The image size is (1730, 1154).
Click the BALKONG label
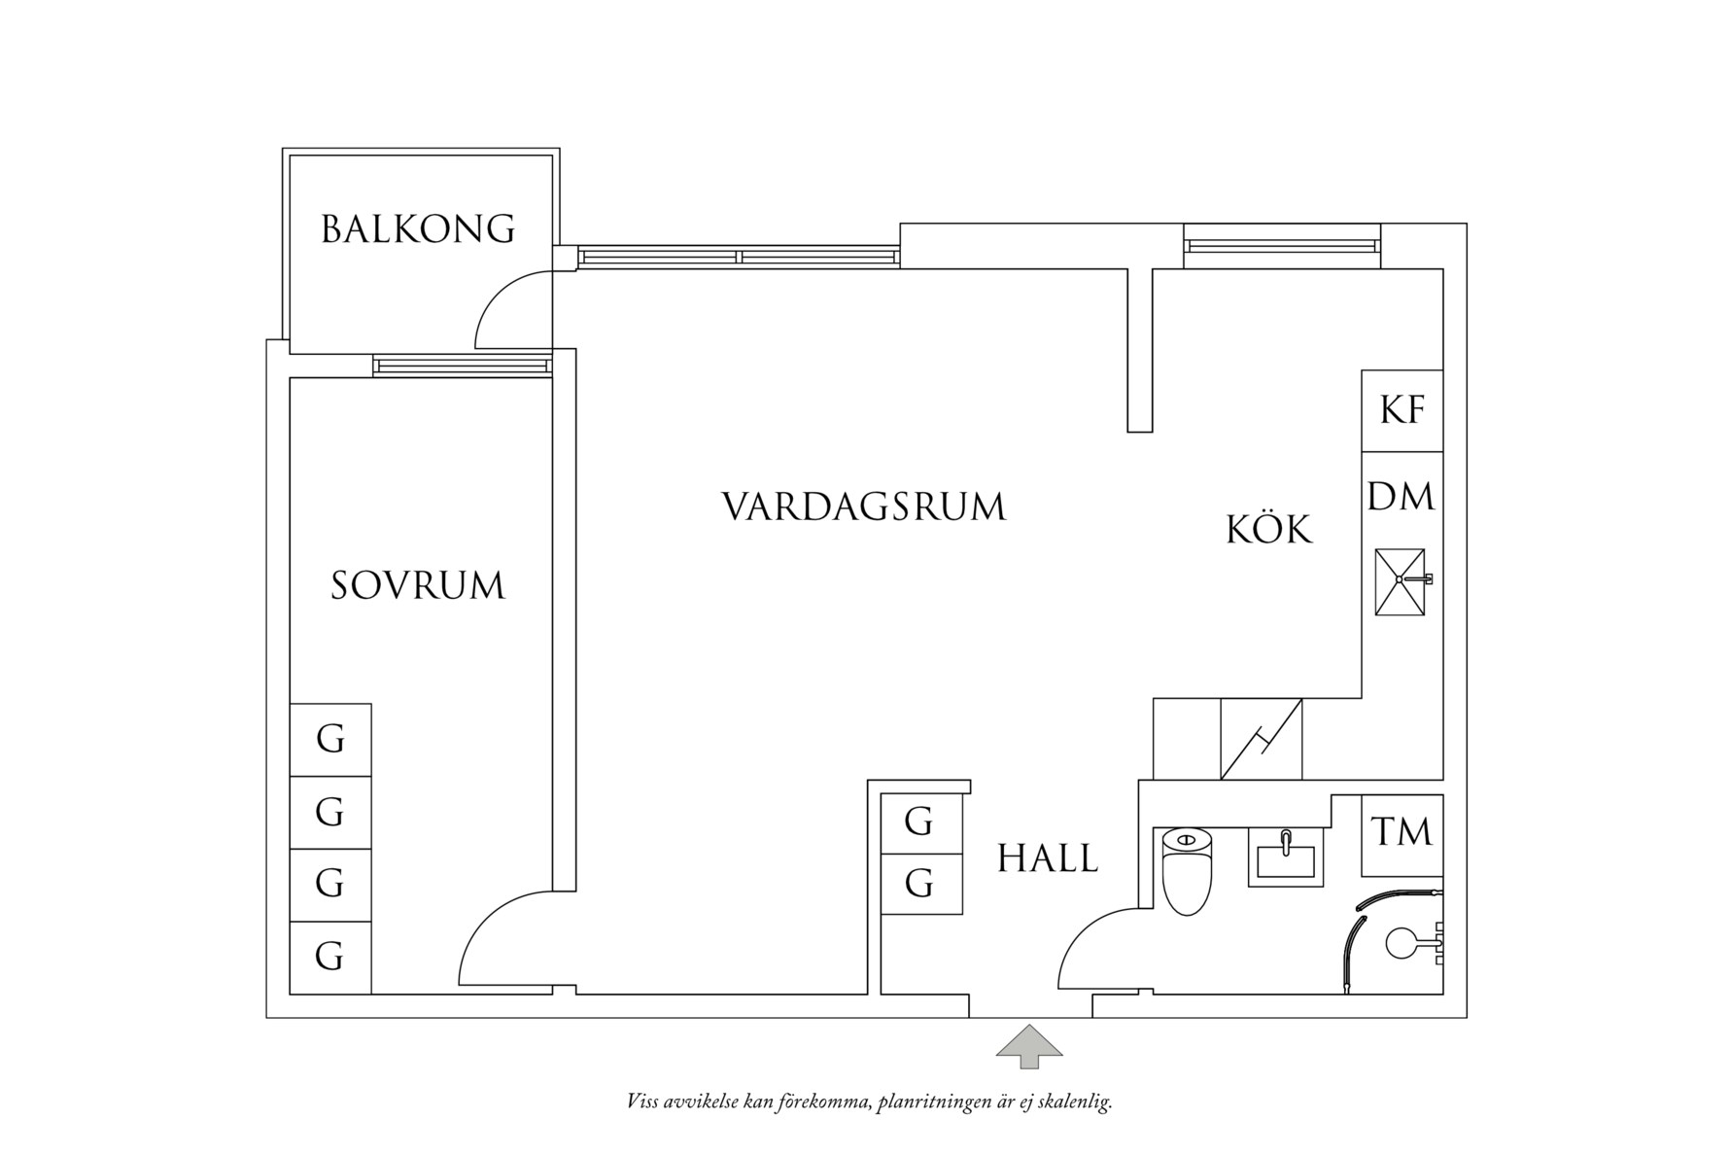[x=418, y=229]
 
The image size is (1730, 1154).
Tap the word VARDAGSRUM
[x=863, y=507]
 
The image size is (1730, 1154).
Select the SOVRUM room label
[x=418, y=586]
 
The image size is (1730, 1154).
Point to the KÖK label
[x=1268, y=531]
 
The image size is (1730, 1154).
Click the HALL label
[x=1048, y=859]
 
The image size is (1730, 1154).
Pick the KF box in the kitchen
[x=1401, y=411]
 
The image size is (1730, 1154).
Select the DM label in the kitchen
[x=1401, y=498]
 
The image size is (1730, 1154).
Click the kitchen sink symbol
[x=1401, y=581]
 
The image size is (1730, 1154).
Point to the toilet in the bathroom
[x=1187, y=871]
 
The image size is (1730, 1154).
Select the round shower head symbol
[x=1401, y=942]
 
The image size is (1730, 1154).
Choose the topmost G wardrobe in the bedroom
[x=330, y=740]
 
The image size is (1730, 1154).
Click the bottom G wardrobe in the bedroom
[x=330, y=958]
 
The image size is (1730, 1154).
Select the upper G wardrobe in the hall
[x=919, y=822]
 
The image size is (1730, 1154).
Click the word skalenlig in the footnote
[x=1075, y=1102]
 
